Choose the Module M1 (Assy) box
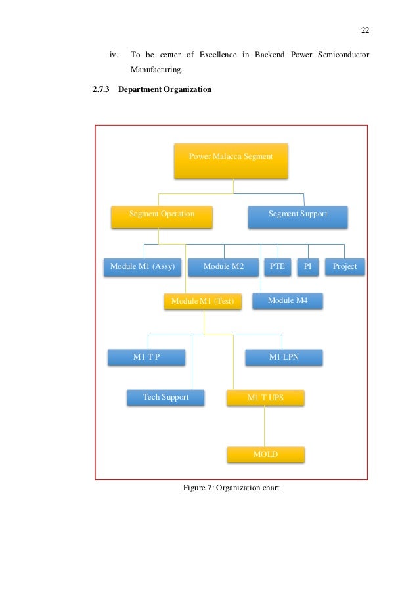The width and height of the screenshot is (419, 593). tap(142, 267)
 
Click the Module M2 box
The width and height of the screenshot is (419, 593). tap(223, 267)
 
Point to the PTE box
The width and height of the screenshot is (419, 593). tap(277, 267)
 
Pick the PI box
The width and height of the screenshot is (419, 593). tap(307, 267)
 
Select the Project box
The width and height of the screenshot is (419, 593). tap(345, 267)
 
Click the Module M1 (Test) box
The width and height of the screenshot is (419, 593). tap(202, 301)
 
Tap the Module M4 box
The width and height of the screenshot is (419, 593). tap(287, 301)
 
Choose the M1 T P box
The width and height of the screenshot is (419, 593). tap(146, 357)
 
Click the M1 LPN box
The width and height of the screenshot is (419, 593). tap(284, 357)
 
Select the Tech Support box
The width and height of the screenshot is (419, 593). tap(165, 398)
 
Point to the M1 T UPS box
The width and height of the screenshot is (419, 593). tap(265, 398)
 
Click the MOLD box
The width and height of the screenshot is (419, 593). tap(265, 454)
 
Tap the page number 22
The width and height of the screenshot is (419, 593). tap(365, 30)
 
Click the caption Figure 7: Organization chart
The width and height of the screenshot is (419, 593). tap(231, 488)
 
